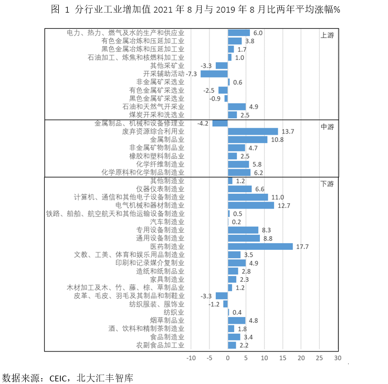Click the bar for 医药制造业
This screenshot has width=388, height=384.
click(260, 247)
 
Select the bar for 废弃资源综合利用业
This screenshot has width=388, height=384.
click(253, 131)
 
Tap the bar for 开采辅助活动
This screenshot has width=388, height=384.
click(214, 74)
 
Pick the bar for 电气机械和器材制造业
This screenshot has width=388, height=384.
click(251, 205)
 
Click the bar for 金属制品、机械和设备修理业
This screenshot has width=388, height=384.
click(220, 123)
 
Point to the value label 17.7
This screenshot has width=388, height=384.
click(302, 247)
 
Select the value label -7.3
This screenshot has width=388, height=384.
click(191, 74)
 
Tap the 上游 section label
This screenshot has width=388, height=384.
click(327, 36)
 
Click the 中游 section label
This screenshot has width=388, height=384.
click(327, 127)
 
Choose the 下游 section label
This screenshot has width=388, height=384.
click(327, 184)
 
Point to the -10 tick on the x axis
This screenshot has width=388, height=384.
click(191, 358)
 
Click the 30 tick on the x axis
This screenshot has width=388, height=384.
click(338, 358)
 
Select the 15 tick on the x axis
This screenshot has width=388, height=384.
click(283, 358)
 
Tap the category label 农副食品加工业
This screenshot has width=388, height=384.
click(160, 345)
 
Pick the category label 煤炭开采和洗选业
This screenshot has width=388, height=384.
click(156, 115)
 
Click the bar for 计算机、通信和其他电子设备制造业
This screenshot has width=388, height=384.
click(248, 198)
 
